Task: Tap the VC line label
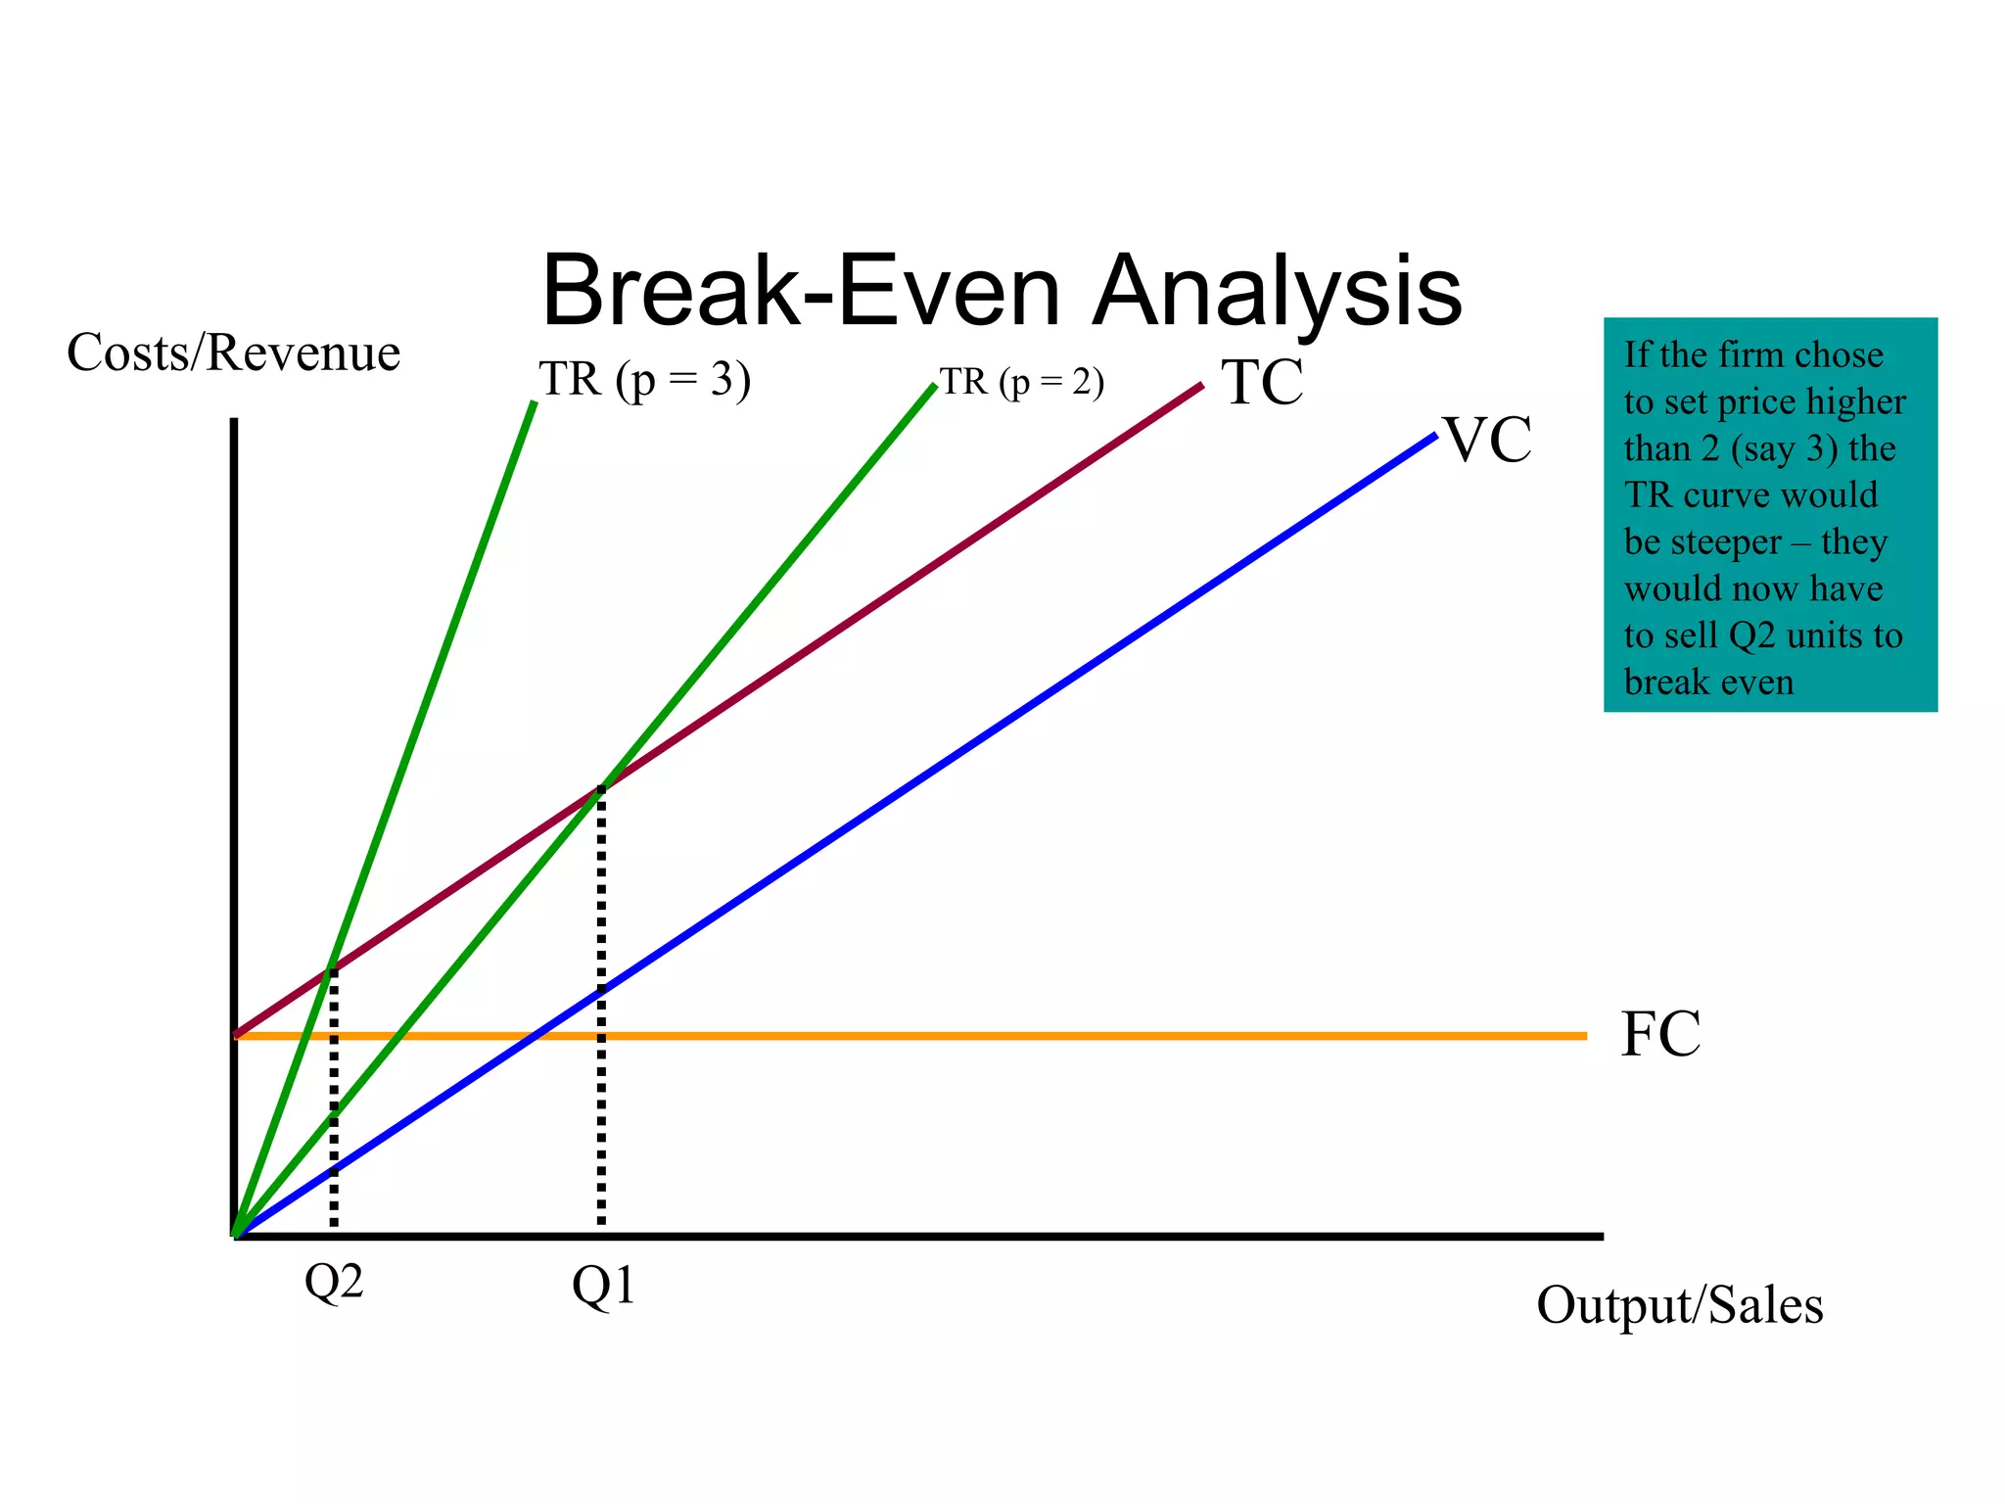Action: tap(1487, 440)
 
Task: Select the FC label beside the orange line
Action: tap(1660, 1034)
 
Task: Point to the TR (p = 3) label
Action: tap(644, 379)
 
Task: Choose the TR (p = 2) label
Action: tap(1022, 382)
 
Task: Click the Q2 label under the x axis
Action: tap(334, 1282)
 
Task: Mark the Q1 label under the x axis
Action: tap(603, 1286)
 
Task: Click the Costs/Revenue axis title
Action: tap(233, 352)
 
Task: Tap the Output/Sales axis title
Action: tap(1679, 1305)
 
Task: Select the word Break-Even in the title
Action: tap(801, 291)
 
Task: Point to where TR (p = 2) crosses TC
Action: tap(601, 787)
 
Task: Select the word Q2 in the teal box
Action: tap(1752, 635)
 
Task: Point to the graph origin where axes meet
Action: tap(235, 1236)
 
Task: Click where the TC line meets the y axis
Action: tap(235, 1034)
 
